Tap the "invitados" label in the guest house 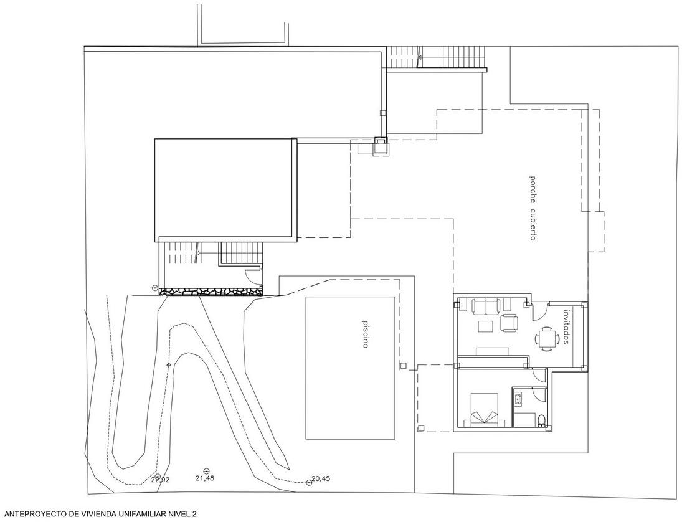566,326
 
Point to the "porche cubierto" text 532,208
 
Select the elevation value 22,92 159,480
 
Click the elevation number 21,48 205,478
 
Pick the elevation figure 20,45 321,478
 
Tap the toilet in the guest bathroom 542,419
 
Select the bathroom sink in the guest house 518,397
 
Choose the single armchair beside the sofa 509,322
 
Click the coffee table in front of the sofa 485,326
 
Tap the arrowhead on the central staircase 199,252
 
